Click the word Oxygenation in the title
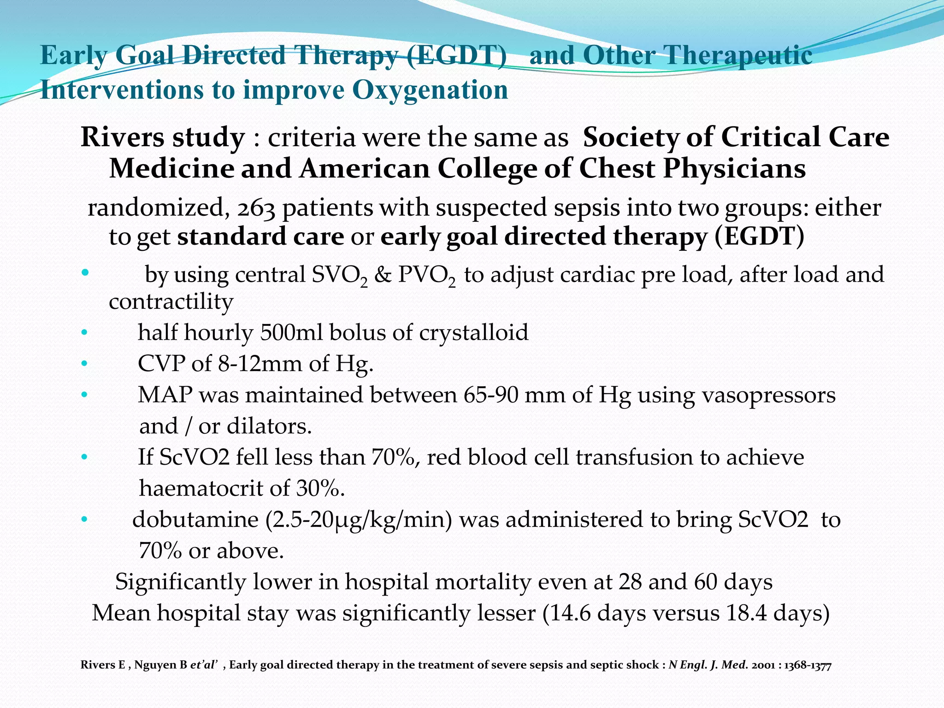tap(430, 90)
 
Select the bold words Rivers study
tap(163, 137)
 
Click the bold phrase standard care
tap(260, 236)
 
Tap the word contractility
tap(171, 302)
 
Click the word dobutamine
tap(195, 519)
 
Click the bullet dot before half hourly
tap(83, 332)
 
